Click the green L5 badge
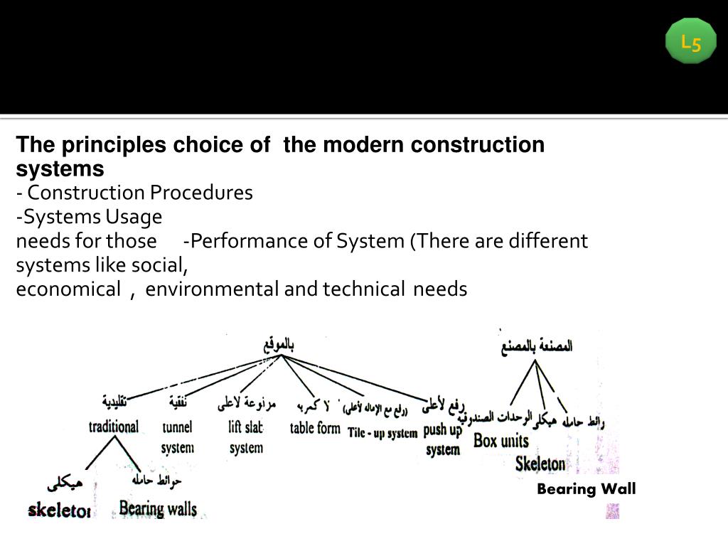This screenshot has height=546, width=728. [690, 42]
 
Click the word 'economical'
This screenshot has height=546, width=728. [68, 289]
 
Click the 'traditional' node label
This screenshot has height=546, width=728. [113, 427]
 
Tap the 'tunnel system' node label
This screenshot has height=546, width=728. [177, 437]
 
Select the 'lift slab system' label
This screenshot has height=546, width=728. [246, 437]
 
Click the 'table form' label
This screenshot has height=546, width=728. [315, 428]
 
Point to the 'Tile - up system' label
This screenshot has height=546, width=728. [382, 433]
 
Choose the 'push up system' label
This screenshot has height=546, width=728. [443, 439]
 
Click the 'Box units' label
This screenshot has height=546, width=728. [500, 441]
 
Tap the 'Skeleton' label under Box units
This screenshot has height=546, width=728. [540, 464]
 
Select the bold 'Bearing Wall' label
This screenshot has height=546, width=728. [586, 488]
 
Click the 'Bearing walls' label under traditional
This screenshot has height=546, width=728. [158, 508]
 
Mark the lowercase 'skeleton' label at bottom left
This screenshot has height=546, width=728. [59, 510]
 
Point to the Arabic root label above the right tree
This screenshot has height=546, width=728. [537, 347]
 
